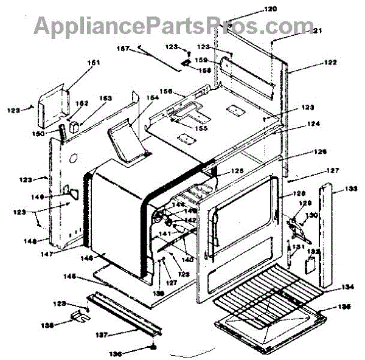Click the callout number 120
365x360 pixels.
(x=270, y=9)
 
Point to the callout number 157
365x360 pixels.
(x=123, y=49)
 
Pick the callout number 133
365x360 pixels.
(x=350, y=189)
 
